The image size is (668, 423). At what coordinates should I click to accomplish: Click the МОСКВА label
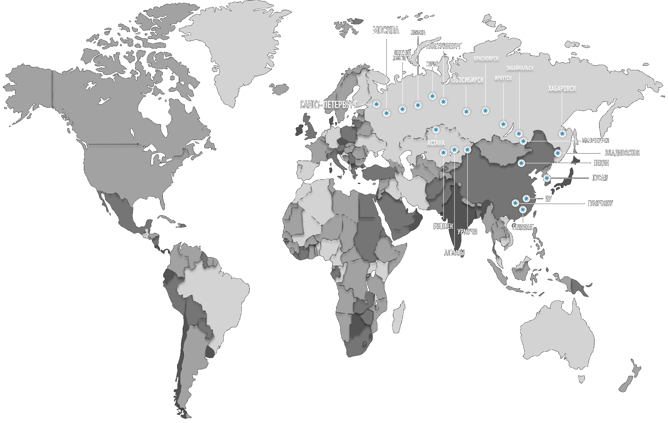[385, 31]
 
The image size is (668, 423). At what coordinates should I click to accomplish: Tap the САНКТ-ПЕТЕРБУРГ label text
[328, 105]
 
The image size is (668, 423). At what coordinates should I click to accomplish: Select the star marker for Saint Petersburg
[376, 104]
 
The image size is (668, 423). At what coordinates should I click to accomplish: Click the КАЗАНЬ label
[418, 33]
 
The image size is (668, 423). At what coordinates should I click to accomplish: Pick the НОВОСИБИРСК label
[466, 80]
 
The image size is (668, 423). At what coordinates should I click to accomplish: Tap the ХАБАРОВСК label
[562, 89]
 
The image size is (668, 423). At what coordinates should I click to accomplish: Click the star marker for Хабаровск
[562, 133]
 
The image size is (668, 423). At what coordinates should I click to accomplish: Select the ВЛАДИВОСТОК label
[622, 153]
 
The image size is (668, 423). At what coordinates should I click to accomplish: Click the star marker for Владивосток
[558, 153]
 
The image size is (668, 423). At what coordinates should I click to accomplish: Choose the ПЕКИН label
[601, 163]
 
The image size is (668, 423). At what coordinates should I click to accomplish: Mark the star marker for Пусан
[547, 178]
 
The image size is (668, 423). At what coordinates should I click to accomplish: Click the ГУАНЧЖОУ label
[600, 203]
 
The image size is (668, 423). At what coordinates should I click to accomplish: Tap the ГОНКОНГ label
[523, 228]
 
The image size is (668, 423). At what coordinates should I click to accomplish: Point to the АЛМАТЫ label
[454, 253]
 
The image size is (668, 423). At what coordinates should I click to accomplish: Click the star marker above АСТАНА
[436, 130]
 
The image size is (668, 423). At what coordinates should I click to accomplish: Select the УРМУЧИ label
[467, 232]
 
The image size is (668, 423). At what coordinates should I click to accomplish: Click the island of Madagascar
[397, 316]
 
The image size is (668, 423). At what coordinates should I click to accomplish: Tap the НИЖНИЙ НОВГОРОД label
[403, 55]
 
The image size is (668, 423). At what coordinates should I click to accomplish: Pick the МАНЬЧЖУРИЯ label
[595, 141]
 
